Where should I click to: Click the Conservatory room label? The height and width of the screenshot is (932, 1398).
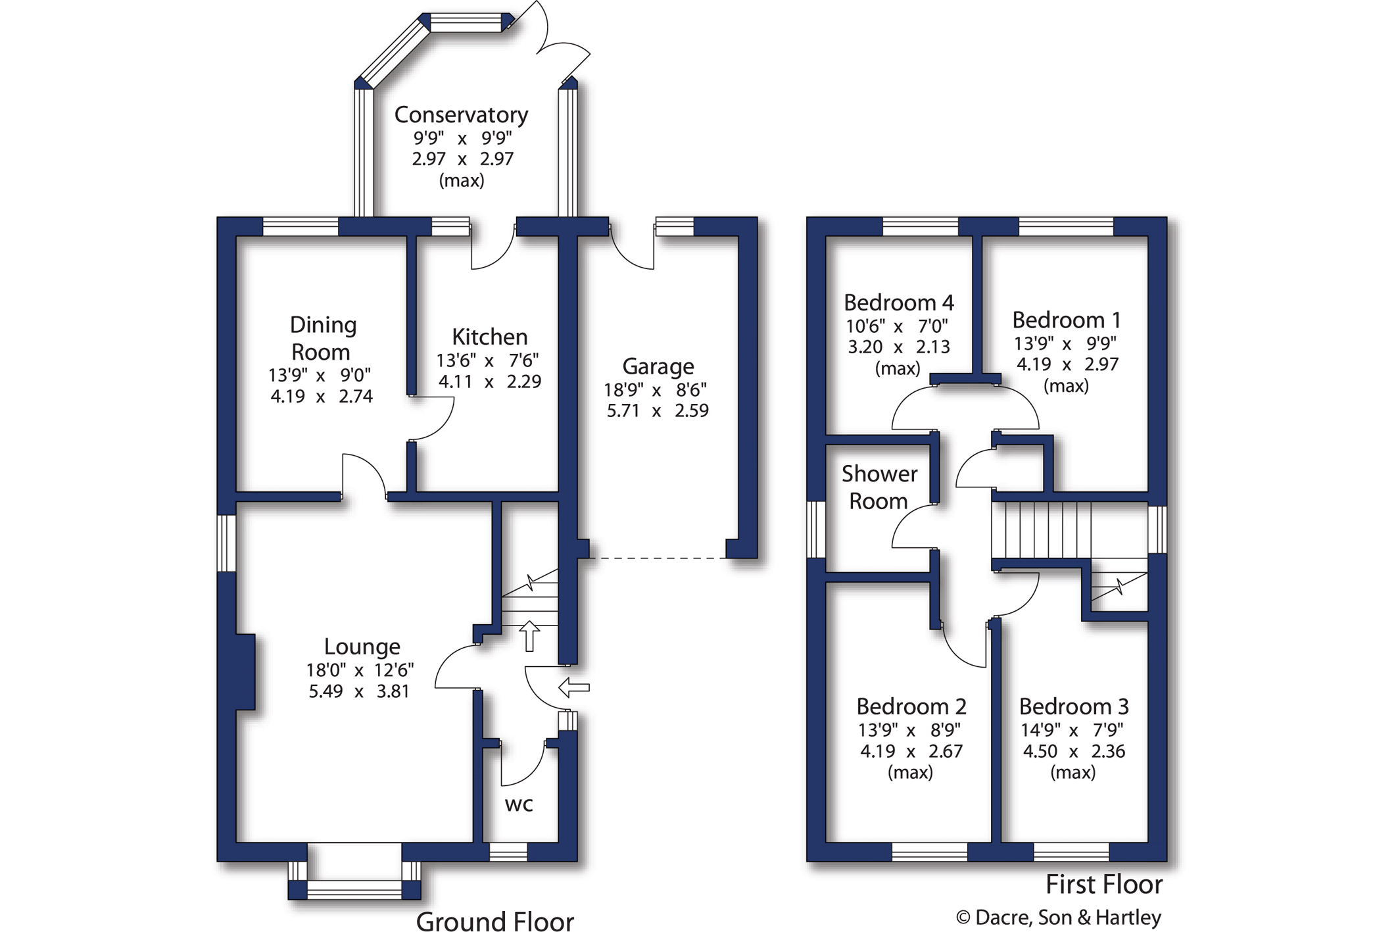461,115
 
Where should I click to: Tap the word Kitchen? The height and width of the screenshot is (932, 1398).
490,337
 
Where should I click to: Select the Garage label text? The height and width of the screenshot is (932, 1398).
658,366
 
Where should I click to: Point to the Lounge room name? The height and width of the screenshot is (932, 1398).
362,647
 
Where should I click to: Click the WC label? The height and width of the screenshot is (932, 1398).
519,804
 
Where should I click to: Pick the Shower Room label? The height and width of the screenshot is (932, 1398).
879,487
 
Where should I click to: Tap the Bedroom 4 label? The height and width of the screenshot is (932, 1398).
898,303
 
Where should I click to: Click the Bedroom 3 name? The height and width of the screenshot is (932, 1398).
1074,706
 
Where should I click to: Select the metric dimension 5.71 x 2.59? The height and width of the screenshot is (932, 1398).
658,411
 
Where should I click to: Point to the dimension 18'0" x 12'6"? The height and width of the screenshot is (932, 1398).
360,670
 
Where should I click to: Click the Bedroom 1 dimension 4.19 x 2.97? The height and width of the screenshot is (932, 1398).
1067,364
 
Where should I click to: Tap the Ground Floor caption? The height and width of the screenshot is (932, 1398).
495,921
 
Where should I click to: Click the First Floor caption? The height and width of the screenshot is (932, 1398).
1104,885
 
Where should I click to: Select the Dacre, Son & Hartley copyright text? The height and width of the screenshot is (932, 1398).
1059,918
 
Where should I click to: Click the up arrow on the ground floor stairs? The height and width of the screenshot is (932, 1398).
529,635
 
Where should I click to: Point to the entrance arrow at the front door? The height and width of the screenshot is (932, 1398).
574,688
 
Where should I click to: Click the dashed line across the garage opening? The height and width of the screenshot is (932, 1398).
658,558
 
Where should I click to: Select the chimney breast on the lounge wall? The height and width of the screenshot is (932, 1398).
245,672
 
